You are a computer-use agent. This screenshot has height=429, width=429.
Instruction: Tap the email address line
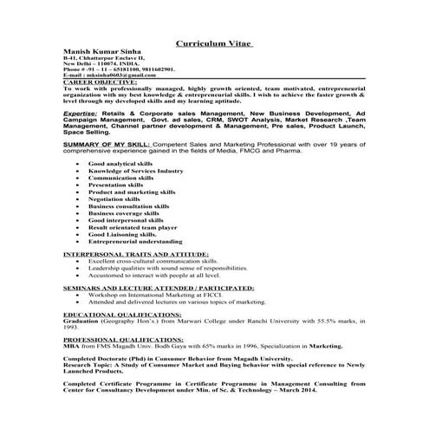tap(107, 76)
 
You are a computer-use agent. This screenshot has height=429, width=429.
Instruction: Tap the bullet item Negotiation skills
tap(115, 199)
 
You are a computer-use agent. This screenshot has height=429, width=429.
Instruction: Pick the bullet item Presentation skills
tap(115, 185)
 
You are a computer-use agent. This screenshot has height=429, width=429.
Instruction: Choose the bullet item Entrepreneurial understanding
tap(134, 241)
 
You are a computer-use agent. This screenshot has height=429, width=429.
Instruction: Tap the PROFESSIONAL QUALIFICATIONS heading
tap(125, 338)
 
